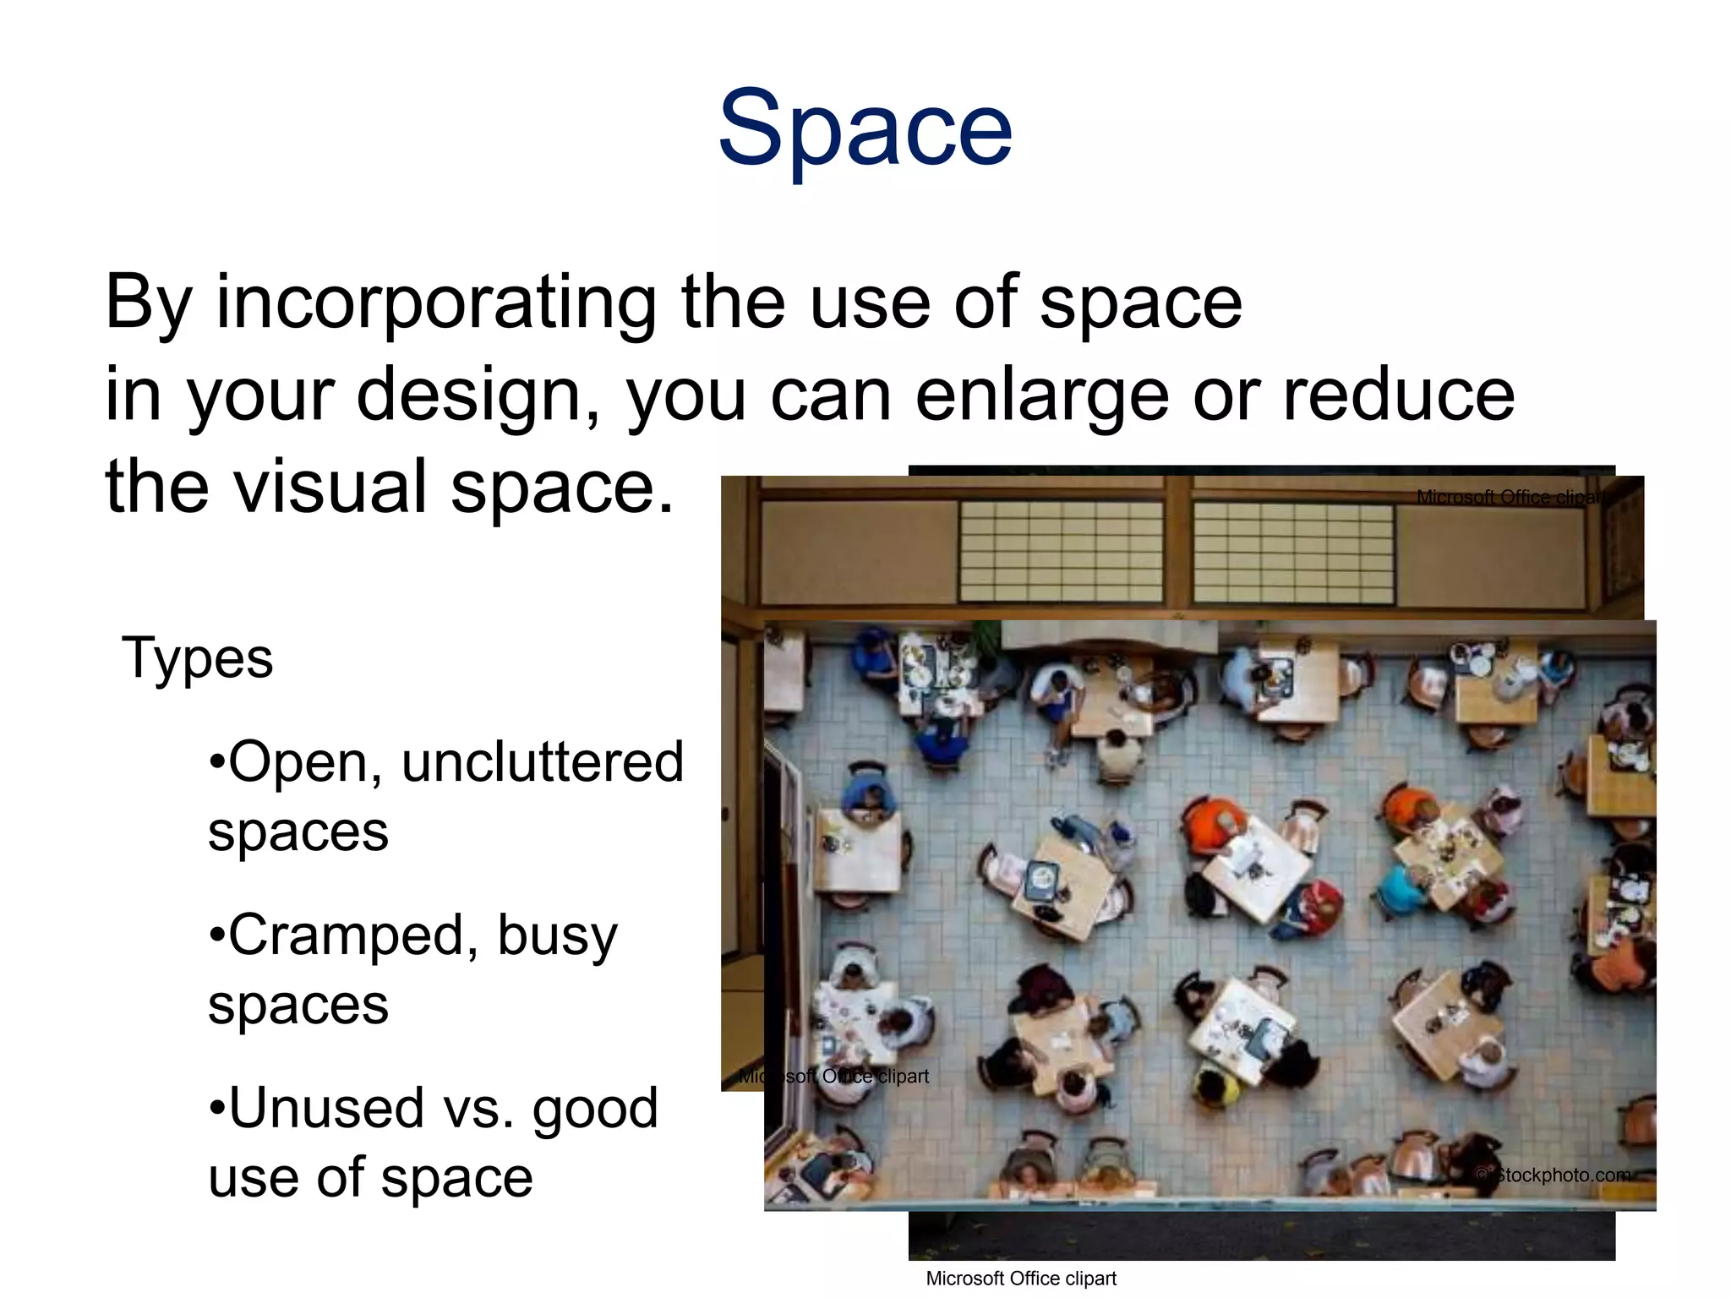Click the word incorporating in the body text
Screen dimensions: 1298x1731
coord(436,303)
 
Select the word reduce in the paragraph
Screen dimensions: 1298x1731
coord(1398,395)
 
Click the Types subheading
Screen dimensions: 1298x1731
coord(198,658)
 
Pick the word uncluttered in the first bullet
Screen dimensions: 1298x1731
coord(543,762)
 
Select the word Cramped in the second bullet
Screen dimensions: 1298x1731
coord(346,935)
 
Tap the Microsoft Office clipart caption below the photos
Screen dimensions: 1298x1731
coord(1021,1279)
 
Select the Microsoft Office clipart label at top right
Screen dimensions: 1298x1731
coord(1510,497)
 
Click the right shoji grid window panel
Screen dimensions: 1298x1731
coord(1293,553)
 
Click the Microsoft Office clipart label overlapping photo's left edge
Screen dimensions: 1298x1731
coord(833,1077)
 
